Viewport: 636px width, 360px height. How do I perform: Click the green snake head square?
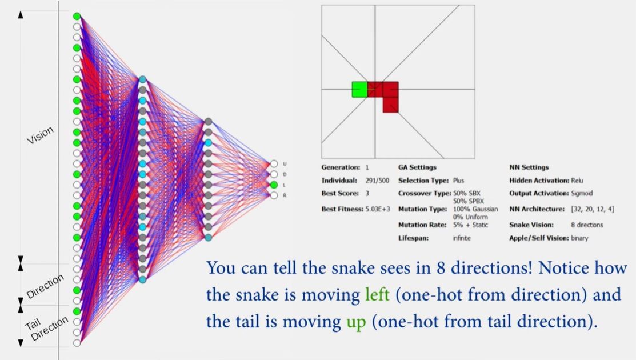coord(360,90)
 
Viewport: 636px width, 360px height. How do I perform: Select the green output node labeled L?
coord(274,185)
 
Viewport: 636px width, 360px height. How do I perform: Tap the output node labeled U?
coord(274,164)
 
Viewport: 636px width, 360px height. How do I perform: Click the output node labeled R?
coord(274,195)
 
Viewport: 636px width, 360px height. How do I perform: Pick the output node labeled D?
coord(274,174)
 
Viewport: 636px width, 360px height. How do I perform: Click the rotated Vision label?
coord(40,135)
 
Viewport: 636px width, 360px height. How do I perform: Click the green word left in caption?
coord(377,294)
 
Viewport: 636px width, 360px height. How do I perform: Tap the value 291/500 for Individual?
coord(377,181)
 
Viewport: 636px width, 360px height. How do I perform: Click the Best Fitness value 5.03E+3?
coord(378,209)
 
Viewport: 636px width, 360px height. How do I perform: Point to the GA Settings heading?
coord(417,167)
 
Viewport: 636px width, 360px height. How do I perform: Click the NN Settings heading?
coord(529,167)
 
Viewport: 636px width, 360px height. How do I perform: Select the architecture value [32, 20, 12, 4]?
coord(593,209)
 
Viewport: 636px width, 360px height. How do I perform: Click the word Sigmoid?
coord(582,193)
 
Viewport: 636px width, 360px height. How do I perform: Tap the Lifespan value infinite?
coord(462,238)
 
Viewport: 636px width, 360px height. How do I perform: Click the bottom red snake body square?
coord(391,105)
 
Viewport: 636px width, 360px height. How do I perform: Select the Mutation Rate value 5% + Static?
coord(470,225)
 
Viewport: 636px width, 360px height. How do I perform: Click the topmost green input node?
coord(77,16)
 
